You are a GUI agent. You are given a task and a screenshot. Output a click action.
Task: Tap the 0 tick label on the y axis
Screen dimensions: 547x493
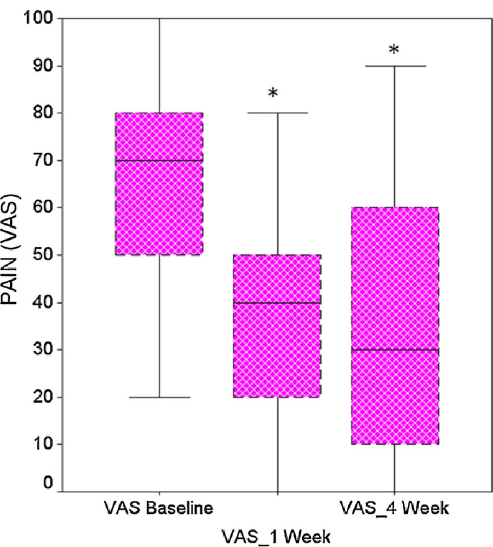pyautogui.click(x=48, y=484)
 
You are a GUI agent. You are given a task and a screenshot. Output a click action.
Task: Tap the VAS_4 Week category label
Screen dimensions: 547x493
pyautogui.click(x=394, y=509)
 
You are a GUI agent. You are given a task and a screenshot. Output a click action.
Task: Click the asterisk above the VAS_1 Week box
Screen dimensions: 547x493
pyautogui.click(x=273, y=94)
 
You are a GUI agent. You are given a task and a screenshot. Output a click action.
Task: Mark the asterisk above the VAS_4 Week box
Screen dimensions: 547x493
pyautogui.click(x=394, y=50)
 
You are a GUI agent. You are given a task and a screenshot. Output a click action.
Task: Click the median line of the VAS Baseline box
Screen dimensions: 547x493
pyautogui.click(x=159, y=160)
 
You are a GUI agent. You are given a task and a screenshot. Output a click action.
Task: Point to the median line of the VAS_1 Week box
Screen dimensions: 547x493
pyautogui.click(x=277, y=302)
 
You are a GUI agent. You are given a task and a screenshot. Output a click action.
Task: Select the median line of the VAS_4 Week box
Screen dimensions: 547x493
pyautogui.click(x=395, y=350)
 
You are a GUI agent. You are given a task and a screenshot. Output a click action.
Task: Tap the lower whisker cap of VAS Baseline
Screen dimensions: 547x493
pyautogui.click(x=159, y=397)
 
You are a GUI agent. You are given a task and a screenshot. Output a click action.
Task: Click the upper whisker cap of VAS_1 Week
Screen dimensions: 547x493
pyautogui.click(x=277, y=113)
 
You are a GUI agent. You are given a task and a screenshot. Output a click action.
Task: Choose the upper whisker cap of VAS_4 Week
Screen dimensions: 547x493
pyautogui.click(x=395, y=66)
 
